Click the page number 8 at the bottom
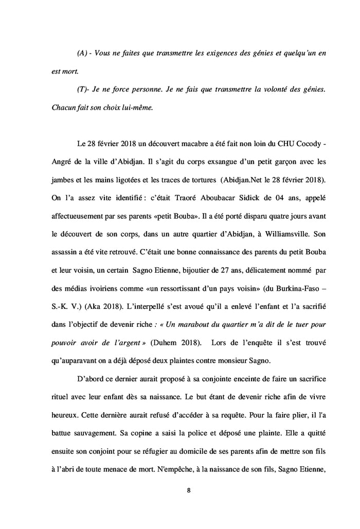point(189,489)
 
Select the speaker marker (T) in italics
point(82,89)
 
